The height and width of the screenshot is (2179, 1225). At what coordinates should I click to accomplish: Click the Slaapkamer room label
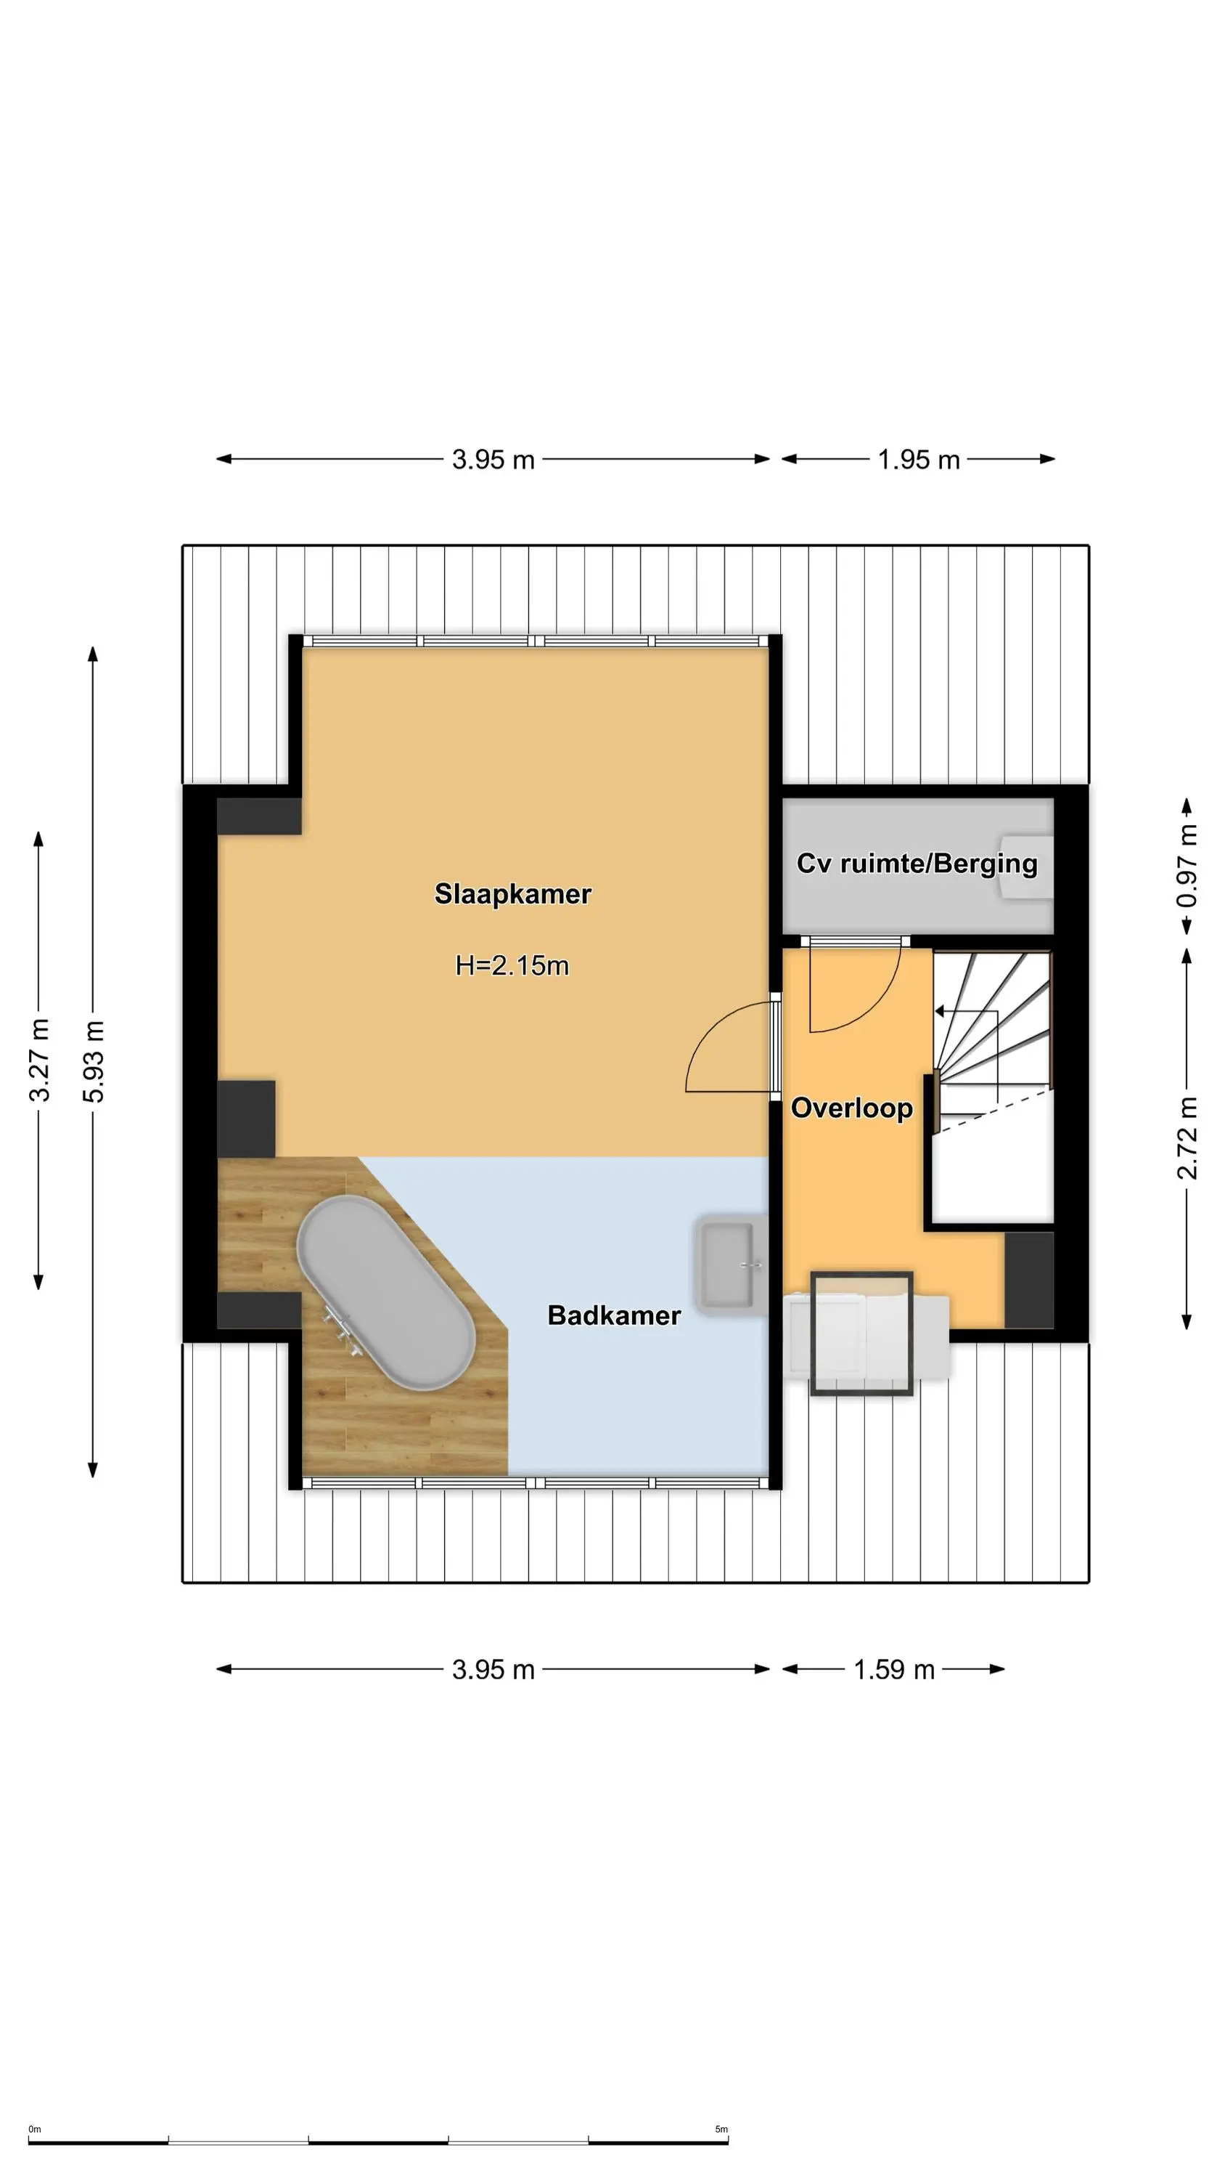512,893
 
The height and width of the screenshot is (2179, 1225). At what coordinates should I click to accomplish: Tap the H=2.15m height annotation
512,965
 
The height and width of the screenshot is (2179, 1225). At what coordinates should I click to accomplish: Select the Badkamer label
614,1315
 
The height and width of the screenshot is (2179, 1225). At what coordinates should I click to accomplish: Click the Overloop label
851,1108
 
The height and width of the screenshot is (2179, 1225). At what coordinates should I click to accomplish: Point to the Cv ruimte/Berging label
917,864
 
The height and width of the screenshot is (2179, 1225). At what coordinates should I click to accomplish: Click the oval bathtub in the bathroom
385,1291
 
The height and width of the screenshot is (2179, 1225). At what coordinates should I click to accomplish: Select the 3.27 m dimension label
39,1060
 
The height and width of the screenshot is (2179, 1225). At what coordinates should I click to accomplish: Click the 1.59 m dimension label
893,1669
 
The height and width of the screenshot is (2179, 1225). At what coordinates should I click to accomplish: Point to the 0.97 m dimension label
1187,867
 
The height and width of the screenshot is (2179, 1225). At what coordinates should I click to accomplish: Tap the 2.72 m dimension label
1187,1137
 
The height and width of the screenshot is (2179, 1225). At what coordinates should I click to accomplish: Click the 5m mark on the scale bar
721,2129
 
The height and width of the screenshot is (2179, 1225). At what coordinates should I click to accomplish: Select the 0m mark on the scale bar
35,2129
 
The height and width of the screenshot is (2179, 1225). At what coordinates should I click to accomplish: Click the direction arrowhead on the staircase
939,1011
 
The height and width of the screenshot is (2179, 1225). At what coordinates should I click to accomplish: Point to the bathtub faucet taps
342,1326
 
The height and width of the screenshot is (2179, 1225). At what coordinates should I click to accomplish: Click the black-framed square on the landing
861,1332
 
